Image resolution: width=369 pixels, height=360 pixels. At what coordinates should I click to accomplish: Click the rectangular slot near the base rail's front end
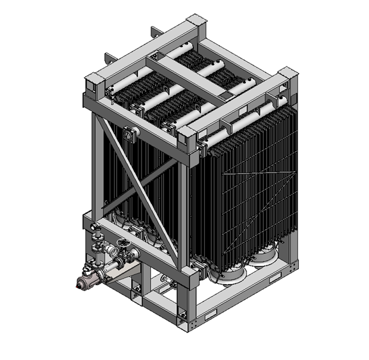coord(209,317)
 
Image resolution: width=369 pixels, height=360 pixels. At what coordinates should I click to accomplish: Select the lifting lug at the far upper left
coord(108,58)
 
